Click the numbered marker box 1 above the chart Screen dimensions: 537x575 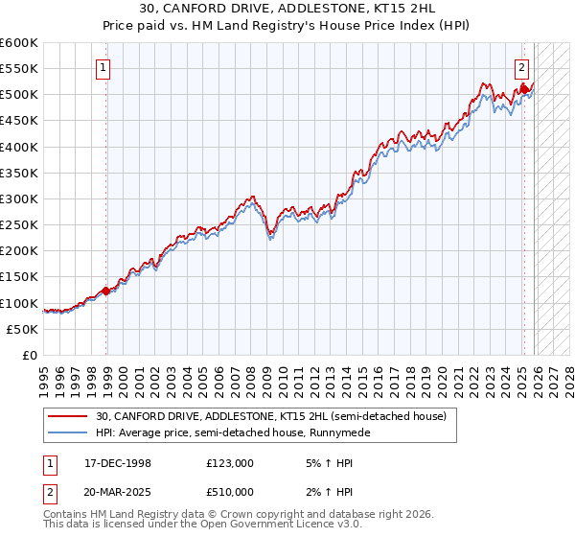coord(102,67)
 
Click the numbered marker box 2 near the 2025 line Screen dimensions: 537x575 coord(521,67)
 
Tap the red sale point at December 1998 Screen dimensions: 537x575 coord(106,292)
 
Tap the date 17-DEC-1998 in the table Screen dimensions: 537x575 coord(118,462)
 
